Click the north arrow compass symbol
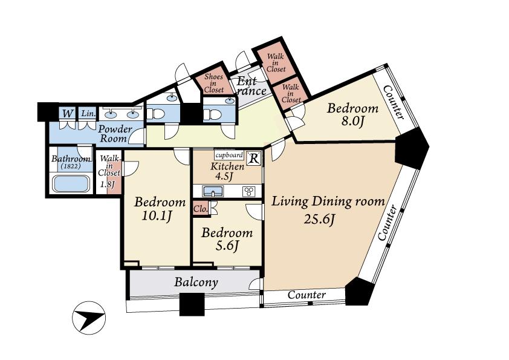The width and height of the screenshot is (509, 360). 88,316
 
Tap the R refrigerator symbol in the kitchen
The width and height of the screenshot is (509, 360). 254,159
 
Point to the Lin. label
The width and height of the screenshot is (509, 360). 88,113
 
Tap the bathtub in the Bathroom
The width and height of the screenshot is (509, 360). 70,183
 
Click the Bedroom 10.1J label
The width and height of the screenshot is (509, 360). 160,209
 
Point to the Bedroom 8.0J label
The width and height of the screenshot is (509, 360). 352,116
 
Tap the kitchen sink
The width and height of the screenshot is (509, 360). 213,191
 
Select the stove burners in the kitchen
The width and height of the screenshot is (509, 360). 249,191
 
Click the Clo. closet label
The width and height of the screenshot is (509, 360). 201,209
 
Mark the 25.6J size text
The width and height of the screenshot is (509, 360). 319,220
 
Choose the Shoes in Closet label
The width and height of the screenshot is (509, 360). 213,83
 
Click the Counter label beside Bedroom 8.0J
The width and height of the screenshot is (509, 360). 394,102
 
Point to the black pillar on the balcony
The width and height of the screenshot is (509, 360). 192,304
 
